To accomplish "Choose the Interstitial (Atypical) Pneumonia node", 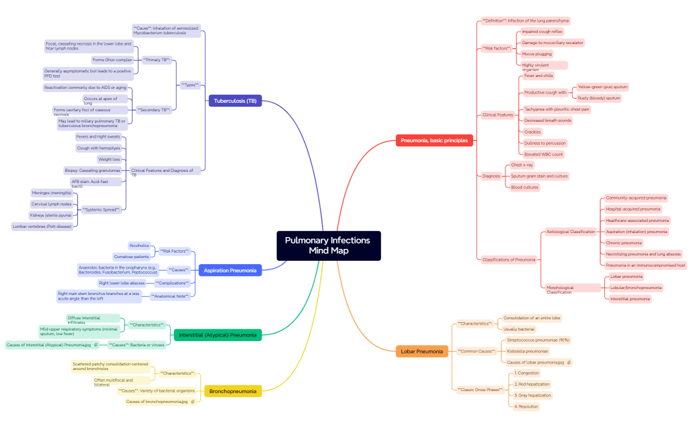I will click(x=217, y=335).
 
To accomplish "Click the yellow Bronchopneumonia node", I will click(x=233, y=391).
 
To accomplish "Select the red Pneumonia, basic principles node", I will click(x=434, y=140).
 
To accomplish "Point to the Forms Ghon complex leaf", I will click(x=112, y=59).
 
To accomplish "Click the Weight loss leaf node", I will click(x=109, y=159).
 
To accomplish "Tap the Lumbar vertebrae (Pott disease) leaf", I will click(x=42, y=226).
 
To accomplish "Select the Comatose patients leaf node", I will click(x=132, y=256).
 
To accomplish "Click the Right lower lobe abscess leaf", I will click(x=121, y=282).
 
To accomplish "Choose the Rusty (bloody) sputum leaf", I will click(x=599, y=98).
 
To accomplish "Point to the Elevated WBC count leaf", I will click(x=544, y=154).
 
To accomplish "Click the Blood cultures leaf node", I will click(x=525, y=187).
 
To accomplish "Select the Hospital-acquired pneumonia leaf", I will click(x=633, y=209).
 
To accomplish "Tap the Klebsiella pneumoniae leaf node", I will click(x=528, y=351).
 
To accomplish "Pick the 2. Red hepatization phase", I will click(x=533, y=384).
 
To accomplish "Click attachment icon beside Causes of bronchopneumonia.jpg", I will click(x=193, y=401).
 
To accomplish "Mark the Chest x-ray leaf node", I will click(x=522, y=165).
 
